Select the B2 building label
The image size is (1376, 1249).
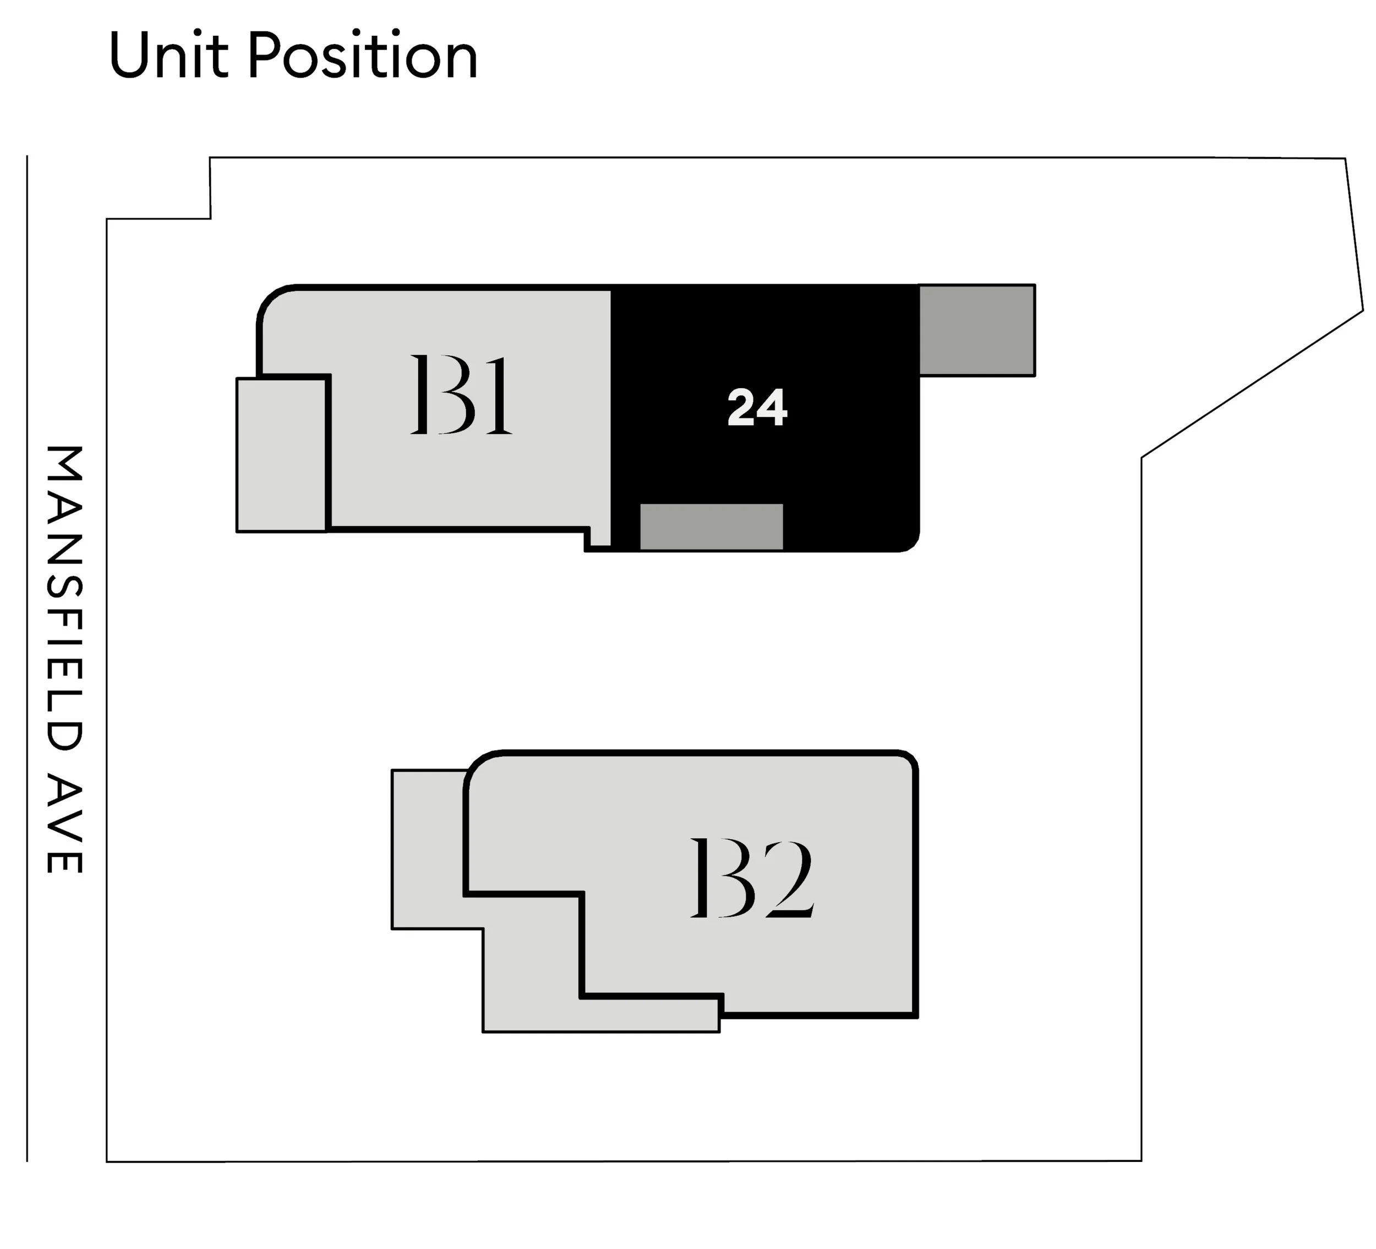(751, 877)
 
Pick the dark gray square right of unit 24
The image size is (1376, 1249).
(977, 330)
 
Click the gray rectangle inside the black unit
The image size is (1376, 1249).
(711, 526)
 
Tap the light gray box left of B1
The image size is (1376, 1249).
(281, 454)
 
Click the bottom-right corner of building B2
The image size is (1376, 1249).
(916, 1016)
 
